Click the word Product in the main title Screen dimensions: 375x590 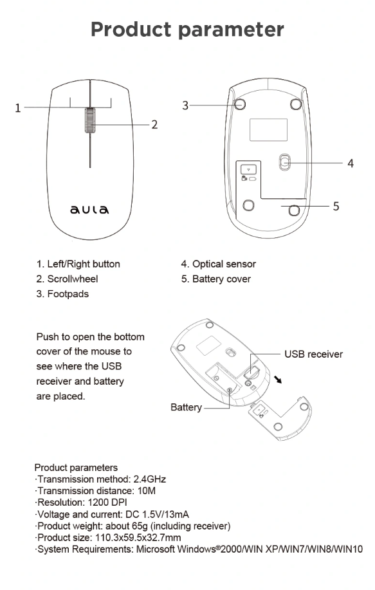click(131, 30)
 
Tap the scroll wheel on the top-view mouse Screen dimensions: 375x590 click(90, 120)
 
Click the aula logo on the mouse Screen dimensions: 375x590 click(89, 209)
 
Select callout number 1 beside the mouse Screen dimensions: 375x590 click(17, 108)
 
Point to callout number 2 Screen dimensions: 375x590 click(154, 125)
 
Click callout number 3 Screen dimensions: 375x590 click(185, 106)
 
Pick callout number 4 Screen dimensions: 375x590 click(351, 163)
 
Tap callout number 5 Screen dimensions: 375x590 click(336, 206)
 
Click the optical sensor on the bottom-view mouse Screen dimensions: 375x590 click(285, 162)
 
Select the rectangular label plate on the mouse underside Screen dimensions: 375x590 click(269, 130)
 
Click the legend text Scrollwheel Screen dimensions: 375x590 click(73, 279)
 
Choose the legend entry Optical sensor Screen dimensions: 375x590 click(224, 264)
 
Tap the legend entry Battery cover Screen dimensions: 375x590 click(221, 279)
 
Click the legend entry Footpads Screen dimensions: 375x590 click(68, 294)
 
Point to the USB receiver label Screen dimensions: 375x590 click(314, 354)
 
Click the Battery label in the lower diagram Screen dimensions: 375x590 click(186, 407)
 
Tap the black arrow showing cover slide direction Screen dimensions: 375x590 click(278, 380)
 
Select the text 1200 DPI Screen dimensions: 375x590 click(107, 502)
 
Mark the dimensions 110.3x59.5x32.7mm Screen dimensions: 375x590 click(138, 537)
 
